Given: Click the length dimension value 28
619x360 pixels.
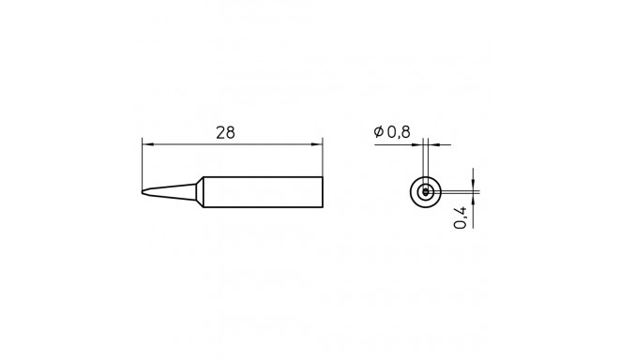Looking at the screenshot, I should click(x=225, y=132).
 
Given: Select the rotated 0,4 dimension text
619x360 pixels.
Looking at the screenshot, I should click(x=460, y=218).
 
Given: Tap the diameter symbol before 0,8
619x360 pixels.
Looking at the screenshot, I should click(x=377, y=133).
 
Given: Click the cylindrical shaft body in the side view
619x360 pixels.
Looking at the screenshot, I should click(x=263, y=192).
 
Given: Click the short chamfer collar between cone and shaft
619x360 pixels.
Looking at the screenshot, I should click(x=200, y=192).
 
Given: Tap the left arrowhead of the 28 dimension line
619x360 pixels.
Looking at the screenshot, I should click(x=147, y=144).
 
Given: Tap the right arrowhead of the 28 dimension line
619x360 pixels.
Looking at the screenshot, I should click(x=318, y=144).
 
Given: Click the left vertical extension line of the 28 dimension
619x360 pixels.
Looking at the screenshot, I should click(x=143, y=164).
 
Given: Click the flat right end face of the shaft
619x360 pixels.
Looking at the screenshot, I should click(x=323, y=192).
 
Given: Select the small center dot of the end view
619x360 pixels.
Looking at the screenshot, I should click(x=426, y=192).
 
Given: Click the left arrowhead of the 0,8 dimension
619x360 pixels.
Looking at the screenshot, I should click(x=418, y=144).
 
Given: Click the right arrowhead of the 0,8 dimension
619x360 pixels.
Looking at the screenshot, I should click(x=431, y=144).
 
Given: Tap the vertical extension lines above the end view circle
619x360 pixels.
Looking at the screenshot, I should click(x=425, y=159).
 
